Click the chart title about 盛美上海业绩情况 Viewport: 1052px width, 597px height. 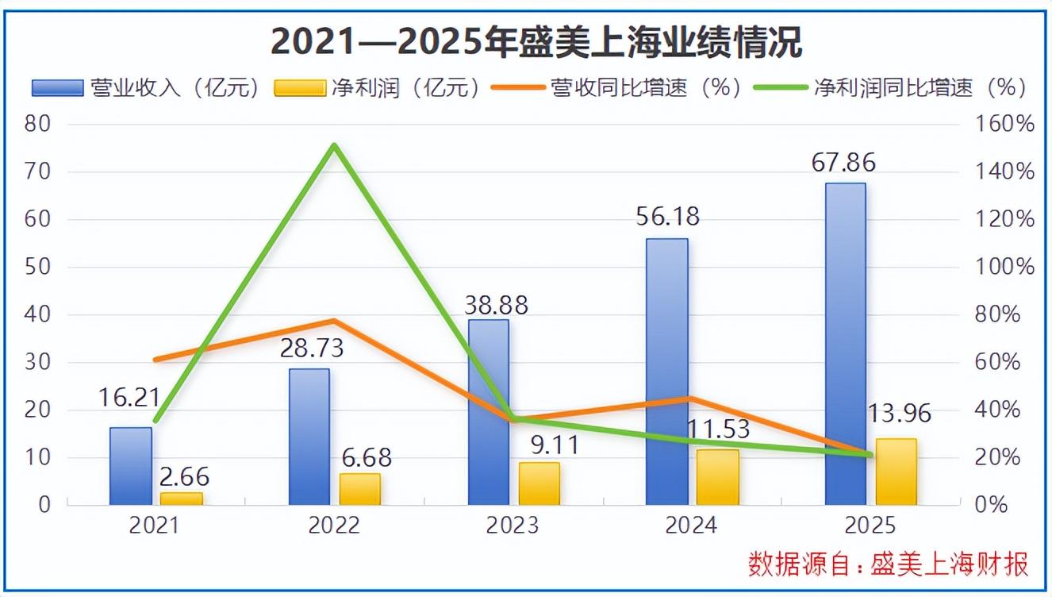point(536,42)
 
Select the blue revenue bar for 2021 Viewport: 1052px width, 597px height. point(131,466)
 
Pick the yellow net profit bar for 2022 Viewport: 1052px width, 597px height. point(359,489)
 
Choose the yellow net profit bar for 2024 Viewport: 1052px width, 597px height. point(718,477)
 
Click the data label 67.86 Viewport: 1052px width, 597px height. point(844,163)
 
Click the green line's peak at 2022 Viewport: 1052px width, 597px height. point(334,145)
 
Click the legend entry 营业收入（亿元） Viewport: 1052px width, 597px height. point(146,87)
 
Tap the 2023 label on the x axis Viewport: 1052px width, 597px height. point(513,526)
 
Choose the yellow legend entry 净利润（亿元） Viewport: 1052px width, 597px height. point(378,87)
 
